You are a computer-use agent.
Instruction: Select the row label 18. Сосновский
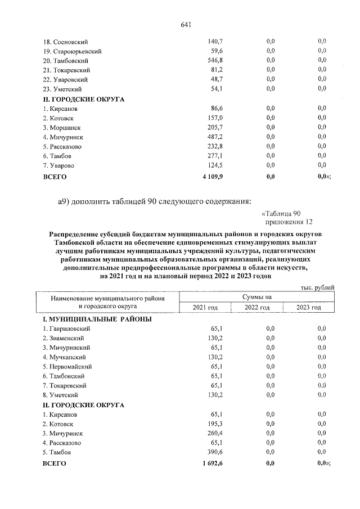tap(66, 42)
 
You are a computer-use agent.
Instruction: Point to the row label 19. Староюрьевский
tap(72, 51)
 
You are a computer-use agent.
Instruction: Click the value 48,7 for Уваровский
tap(217, 79)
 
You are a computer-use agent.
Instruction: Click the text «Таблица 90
tap(282, 213)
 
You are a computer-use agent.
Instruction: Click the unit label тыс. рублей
tap(317, 287)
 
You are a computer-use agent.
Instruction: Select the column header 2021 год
tap(205, 307)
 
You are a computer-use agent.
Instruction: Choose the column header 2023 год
tap(309, 307)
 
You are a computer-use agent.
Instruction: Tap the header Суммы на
tap(257, 296)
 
